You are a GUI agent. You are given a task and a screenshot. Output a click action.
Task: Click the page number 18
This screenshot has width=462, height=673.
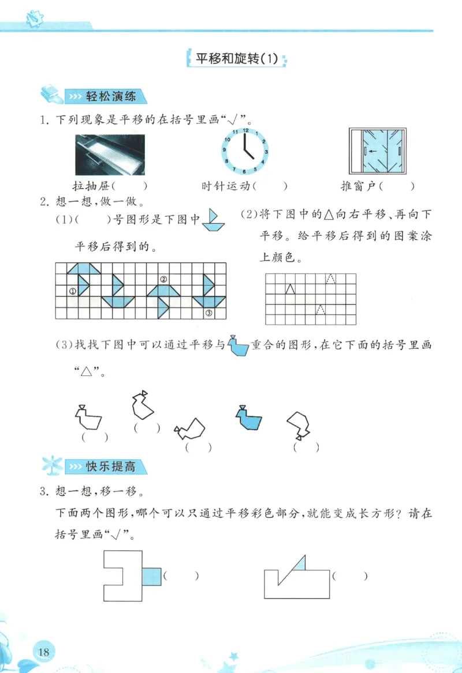coord(43,652)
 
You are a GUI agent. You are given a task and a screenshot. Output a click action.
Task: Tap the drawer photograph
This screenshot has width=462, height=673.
coord(110,155)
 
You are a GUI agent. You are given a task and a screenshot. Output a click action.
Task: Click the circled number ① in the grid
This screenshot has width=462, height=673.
coord(73,291)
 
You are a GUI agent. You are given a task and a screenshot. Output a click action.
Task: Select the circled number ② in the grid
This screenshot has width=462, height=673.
coord(163,280)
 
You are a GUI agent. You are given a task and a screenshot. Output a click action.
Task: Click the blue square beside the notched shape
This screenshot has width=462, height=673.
coord(152,576)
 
